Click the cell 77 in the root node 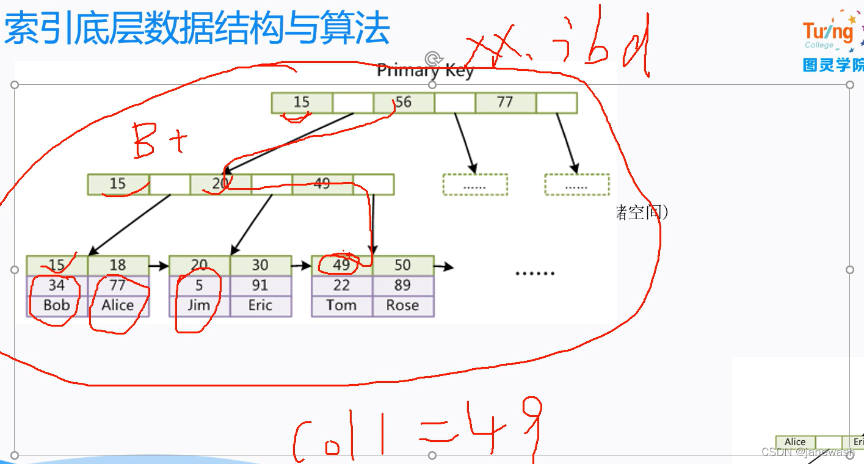click(x=505, y=103)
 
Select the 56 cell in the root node click(x=403, y=103)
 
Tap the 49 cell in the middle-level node click(x=322, y=184)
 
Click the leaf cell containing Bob click(x=57, y=305)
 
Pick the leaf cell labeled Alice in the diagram click(x=118, y=305)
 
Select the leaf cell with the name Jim click(x=199, y=305)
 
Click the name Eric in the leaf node click(x=260, y=305)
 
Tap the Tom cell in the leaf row click(x=341, y=305)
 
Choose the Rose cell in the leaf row click(x=402, y=305)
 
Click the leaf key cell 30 click(x=260, y=265)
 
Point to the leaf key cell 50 click(x=402, y=265)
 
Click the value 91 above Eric click(x=260, y=285)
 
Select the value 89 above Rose click(x=402, y=285)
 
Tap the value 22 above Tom click(x=341, y=285)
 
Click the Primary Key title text click(x=425, y=71)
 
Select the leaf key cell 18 click(x=118, y=265)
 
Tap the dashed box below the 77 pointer click(x=576, y=184)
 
